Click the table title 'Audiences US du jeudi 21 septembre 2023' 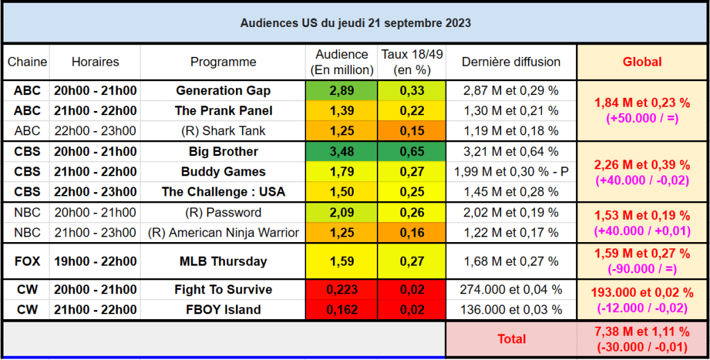click(x=355, y=23)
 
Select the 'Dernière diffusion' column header click(x=511, y=62)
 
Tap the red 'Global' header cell click(x=642, y=62)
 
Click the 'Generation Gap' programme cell click(x=223, y=91)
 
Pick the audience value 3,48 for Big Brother click(x=341, y=152)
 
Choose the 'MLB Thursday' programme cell click(x=223, y=262)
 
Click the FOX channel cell click(x=27, y=262)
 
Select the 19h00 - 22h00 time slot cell click(x=95, y=262)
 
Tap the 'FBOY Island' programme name click(x=223, y=309)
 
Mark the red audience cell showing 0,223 click(x=341, y=290)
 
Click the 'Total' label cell click(x=512, y=339)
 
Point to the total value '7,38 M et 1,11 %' click(x=642, y=332)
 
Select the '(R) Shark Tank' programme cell click(x=223, y=130)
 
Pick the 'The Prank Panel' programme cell click(x=223, y=111)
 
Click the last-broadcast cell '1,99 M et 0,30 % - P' click(x=511, y=171)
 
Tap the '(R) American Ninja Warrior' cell click(x=223, y=232)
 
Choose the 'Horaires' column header click(x=95, y=62)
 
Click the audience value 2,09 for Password click(x=341, y=213)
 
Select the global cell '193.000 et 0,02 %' click(x=642, y=293)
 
